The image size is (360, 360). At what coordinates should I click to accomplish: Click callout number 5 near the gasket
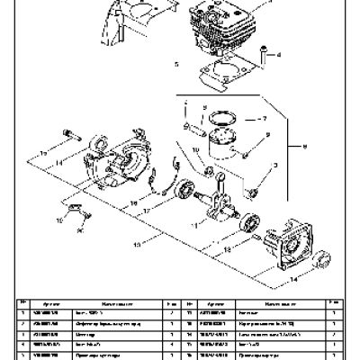click(x=176, y=65)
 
